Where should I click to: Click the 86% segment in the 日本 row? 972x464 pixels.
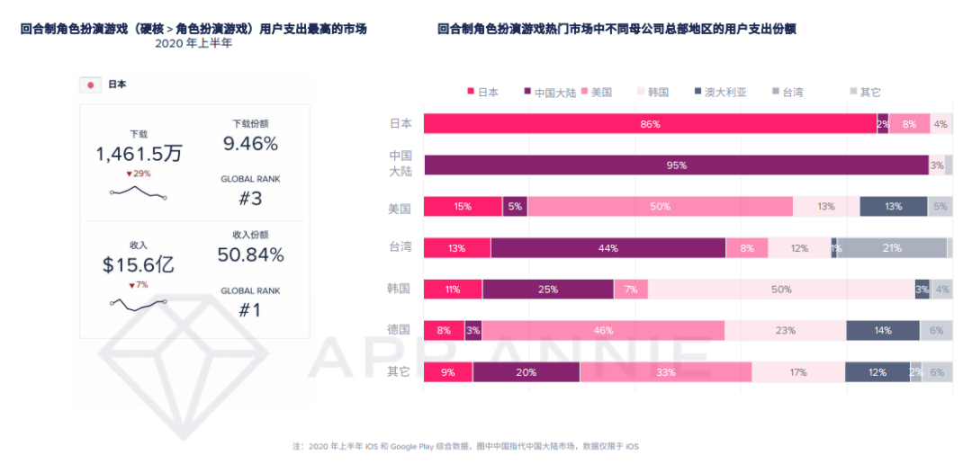tap(650, 124)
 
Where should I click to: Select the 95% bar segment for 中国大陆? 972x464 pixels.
tap(676, 165)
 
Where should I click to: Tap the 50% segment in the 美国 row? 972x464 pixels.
tap(660, 207)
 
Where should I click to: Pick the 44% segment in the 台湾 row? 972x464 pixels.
tap(608, 248)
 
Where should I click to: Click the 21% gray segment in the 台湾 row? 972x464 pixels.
tap(892, 248)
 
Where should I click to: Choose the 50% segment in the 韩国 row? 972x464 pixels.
tap(781, 290)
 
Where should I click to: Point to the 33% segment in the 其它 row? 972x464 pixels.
tap(666, 372)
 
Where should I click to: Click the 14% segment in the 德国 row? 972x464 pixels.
tap(882, 331)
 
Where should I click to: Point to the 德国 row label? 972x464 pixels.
tap(400, 330)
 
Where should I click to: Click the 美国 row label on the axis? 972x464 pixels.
tap(400, 208)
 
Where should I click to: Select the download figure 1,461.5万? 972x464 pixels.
tap(139, 154)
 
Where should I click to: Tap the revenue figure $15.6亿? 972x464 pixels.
tap(139, 265)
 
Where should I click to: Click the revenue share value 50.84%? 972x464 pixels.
tap(250, 255)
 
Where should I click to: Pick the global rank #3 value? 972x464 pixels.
tap(250, 199)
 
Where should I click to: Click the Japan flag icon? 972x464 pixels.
tap(90, 85)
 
